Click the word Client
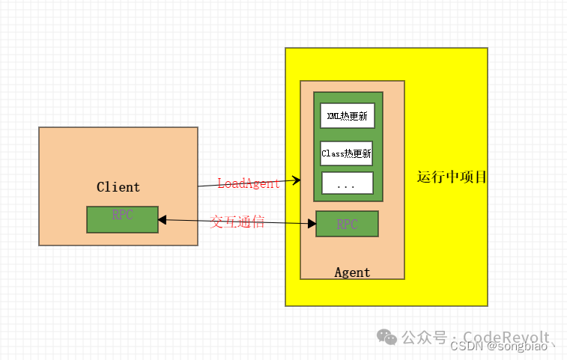coord(118,187)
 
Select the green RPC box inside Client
coord(122,219)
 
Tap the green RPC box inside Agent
coord(347,224)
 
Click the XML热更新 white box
coord(348,116)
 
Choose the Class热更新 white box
coord(347,153)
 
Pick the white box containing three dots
coord(347,183)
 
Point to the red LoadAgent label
coord(249,183)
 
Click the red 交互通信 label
coord(237,222)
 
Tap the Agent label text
coord(352,272)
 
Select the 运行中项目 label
coord(452,177)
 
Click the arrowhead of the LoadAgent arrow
coord(297,180)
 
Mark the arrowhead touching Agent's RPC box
coord(312,223)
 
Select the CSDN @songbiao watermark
coord(503,347)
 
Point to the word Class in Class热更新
coord(332,153)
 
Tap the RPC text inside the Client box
coord(122,216)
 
